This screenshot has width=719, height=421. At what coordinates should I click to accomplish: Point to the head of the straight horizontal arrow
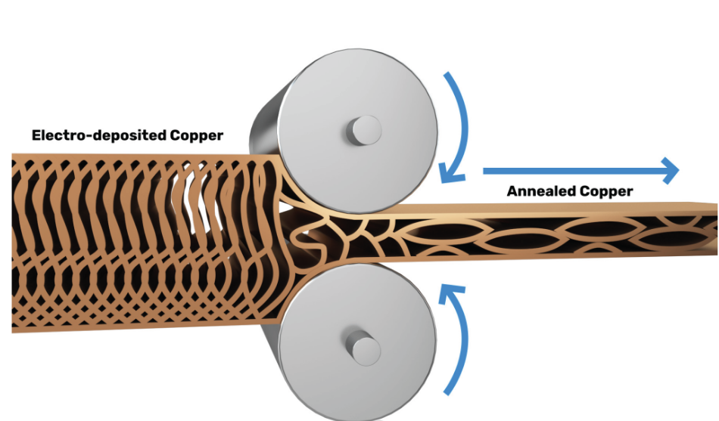(669, 171)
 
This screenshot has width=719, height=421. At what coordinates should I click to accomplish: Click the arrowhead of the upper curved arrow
(452, 174)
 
